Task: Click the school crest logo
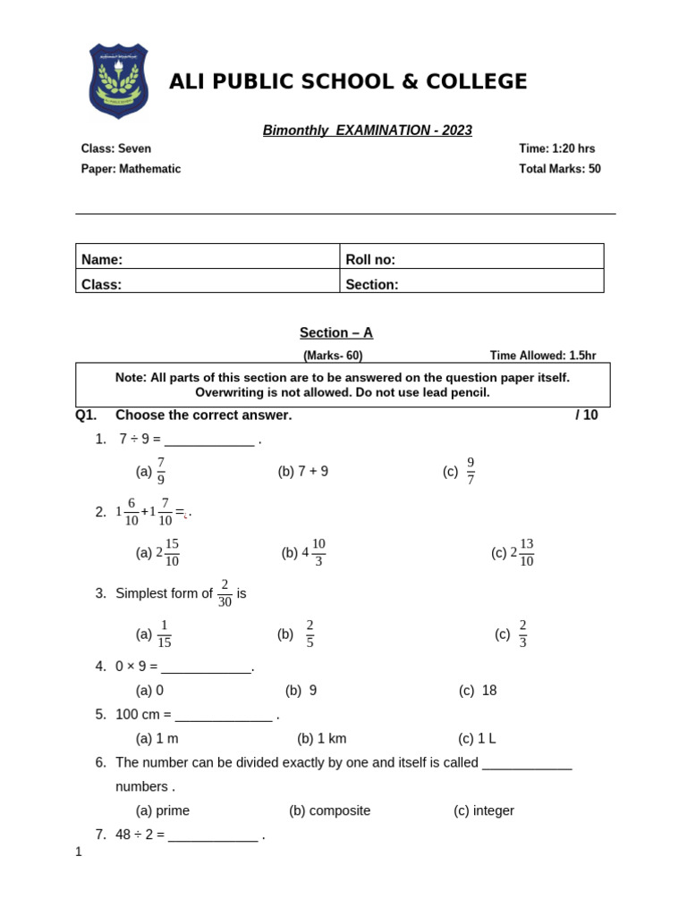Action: [118, 80]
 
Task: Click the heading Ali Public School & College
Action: [348, 82]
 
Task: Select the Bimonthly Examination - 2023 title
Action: [367, 130]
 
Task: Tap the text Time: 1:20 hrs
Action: [556, 149]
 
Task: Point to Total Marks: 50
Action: [559, 169]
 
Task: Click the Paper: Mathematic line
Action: [131, 169]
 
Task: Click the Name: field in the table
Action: [208, 259]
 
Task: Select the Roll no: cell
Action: [471, 259]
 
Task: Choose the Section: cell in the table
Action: [471, 284]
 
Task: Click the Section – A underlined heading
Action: [336, 333]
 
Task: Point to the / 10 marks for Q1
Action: [586, 416]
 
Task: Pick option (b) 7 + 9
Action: [303, 471]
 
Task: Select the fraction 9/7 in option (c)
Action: [471, 471]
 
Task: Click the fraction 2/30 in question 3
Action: [225, 593]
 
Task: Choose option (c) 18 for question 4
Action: [478, 690]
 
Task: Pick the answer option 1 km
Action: [322, 738]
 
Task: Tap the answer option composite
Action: [329, 810]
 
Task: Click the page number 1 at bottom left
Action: [79, 852]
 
